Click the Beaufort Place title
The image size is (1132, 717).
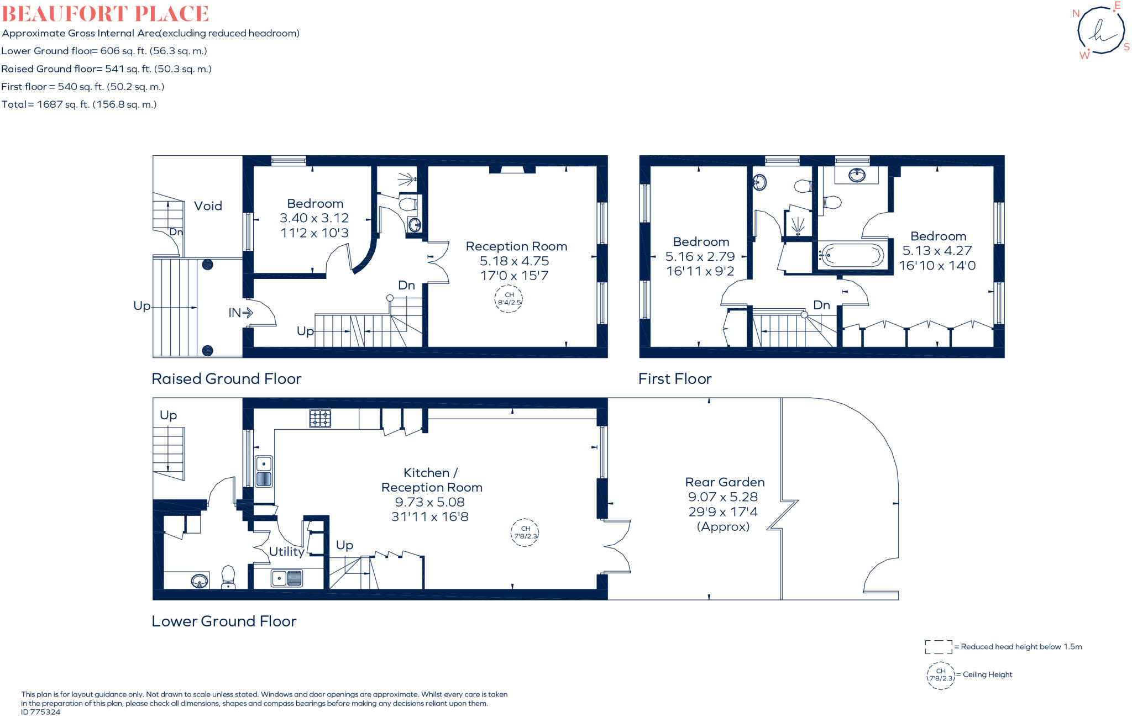(105, 13)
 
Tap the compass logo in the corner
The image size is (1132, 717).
(1100, 29)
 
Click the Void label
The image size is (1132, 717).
(208, 206)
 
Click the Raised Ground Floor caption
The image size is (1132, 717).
(227, 378)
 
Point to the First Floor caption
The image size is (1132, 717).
(675, 378)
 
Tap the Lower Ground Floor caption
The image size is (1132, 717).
(224, 621)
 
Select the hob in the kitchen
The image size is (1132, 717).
(320, 418)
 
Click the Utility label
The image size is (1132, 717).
(286, 551)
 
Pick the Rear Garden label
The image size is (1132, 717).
(725, 482)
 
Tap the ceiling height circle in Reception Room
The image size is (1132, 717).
(509, 299)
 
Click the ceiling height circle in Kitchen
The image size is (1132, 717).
(525, 533)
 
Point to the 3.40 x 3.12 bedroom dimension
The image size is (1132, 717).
(314, 218)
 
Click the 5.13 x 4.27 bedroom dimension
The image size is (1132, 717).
(937, 251)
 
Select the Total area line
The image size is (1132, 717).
(79, 104)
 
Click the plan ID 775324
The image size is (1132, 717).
(41, 712)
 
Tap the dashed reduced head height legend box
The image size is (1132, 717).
(939, 647)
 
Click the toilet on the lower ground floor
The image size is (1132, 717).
(228, 577)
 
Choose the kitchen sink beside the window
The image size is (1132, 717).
(264, 471)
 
